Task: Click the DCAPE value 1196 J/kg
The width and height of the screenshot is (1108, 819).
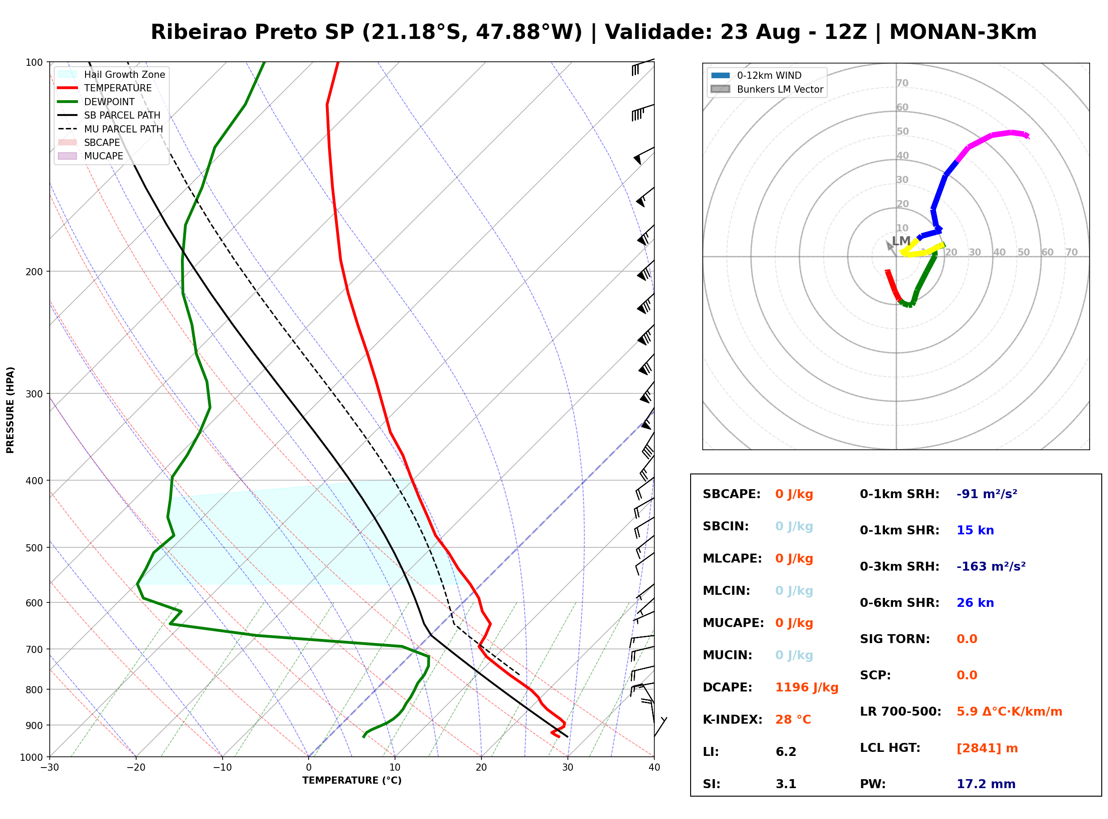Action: click(x=807, y=687)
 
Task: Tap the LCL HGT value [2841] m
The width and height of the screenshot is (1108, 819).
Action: click(x=987, y=749)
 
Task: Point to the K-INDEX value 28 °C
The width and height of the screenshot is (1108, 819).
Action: click(x=793, y=720)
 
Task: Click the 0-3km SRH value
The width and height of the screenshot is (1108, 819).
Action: click(x=991, y=566)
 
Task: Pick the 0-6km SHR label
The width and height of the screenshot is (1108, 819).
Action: click(x=900, y=603)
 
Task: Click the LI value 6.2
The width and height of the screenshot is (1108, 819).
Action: click(x=786, y=752)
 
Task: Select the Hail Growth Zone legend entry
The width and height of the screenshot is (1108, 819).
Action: click(x=112, y=74)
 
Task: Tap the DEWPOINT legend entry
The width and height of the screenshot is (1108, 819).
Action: click(x=96, y=102)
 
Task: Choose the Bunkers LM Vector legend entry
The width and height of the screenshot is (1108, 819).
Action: click(x=767, y=89)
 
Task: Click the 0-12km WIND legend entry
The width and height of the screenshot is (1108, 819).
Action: click(x=756, y=75)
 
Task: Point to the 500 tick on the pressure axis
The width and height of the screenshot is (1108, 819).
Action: click(x=35, y=548)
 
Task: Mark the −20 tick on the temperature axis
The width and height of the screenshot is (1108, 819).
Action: click(x=136, y=768)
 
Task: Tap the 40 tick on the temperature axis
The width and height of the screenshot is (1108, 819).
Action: click(x=654, y=768)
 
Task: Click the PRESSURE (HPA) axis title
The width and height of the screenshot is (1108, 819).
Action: click(x=10, y=410)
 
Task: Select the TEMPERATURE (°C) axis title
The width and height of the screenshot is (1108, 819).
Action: click(x=352, y=781)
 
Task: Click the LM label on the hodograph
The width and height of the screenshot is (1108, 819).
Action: click(x=901, y=241)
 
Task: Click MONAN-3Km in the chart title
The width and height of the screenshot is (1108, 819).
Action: click(x=963, y=32)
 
